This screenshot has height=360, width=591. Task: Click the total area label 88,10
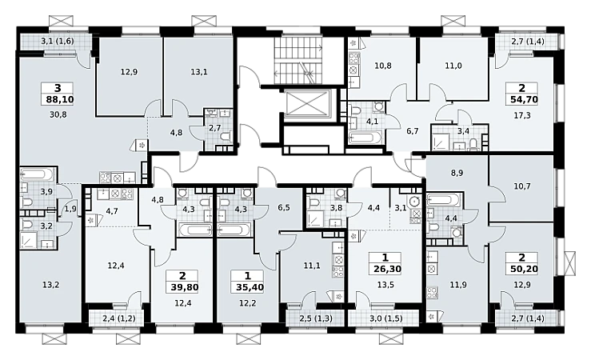click(x=58, y=99)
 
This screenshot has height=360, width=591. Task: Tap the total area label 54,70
click(x=522, y=99)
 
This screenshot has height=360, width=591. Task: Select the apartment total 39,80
click(x=183, y=287)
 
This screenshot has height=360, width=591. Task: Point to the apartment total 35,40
click(x=248, y=287)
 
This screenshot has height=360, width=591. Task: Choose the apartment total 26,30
click(x=385, y=269)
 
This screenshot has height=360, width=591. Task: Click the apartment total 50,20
click(x=522, y=269)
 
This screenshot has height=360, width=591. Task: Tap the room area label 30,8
click(x=58, y=114)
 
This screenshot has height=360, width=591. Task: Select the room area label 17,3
click(x=522, y=115)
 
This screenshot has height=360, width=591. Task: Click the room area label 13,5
click(x=385, y=285)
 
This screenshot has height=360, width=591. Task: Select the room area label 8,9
click(x=457, y=173)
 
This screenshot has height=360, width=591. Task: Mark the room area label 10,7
click(x=521, y=186)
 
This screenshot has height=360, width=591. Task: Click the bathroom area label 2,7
click(x=214, y=128)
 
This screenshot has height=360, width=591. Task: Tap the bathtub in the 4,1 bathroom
click(x=365, y=138)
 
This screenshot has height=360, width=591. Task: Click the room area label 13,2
click(x=50, y=285)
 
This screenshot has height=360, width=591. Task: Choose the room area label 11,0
click(x=453, y=66)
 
